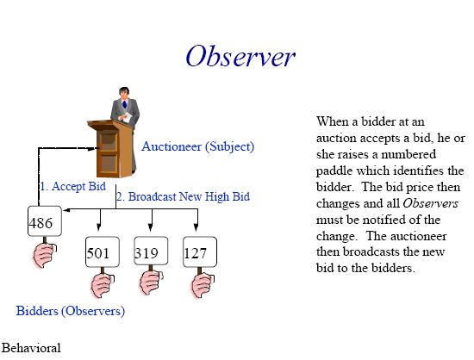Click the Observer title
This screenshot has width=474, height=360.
point(240,56)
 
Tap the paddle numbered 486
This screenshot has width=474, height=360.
point(45,220)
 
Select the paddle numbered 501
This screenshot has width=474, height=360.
point(103,251)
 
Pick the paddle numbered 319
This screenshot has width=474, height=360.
point(151,251)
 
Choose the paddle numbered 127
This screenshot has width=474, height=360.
point(200,251)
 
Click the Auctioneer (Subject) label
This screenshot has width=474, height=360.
point(198,146)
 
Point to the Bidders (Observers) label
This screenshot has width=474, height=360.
point(71,311)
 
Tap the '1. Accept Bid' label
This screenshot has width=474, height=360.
point(73,186)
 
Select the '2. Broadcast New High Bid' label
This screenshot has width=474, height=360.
point(184,196)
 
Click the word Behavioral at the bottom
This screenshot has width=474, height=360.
point(31,348)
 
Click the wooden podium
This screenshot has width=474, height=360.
point(110,149)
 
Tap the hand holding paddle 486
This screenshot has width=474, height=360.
point(45,256)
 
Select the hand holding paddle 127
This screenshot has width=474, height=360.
point(203,285)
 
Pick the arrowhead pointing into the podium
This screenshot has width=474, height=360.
point(92,148)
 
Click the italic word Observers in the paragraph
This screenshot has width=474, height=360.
point(430,203)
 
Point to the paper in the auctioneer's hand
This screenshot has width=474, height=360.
point(127,117)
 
